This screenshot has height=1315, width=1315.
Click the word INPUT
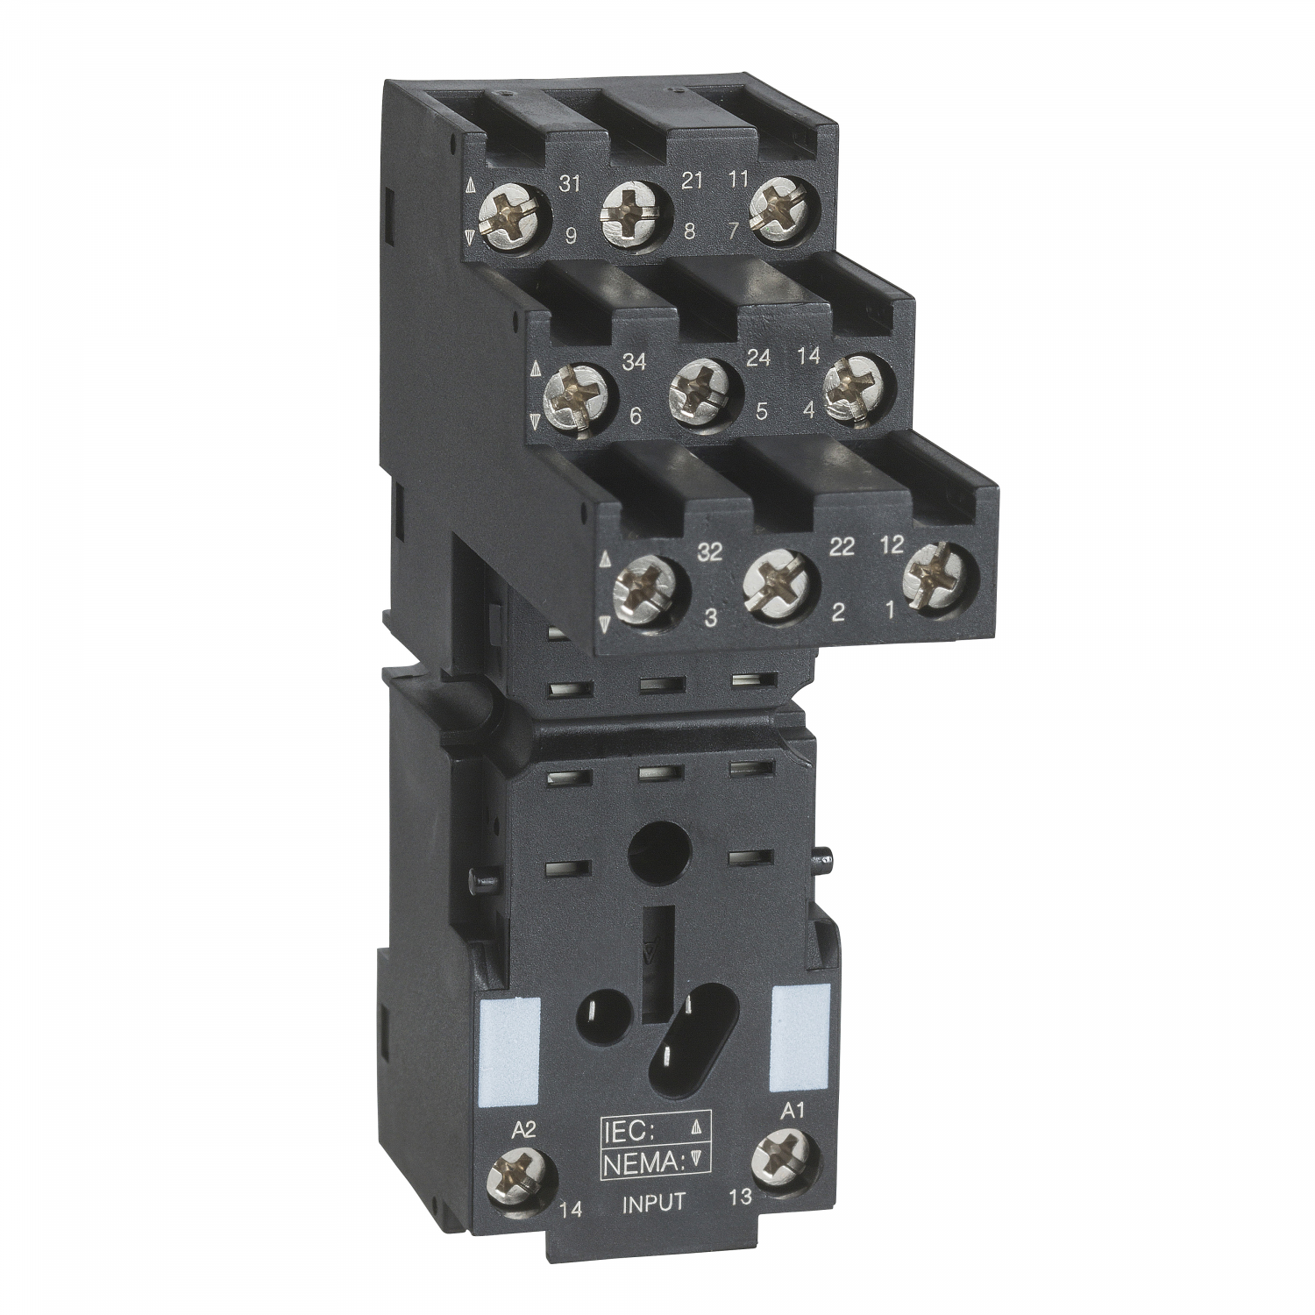pos(653,1202)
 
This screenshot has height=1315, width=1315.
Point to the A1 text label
pos(792,1112)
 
